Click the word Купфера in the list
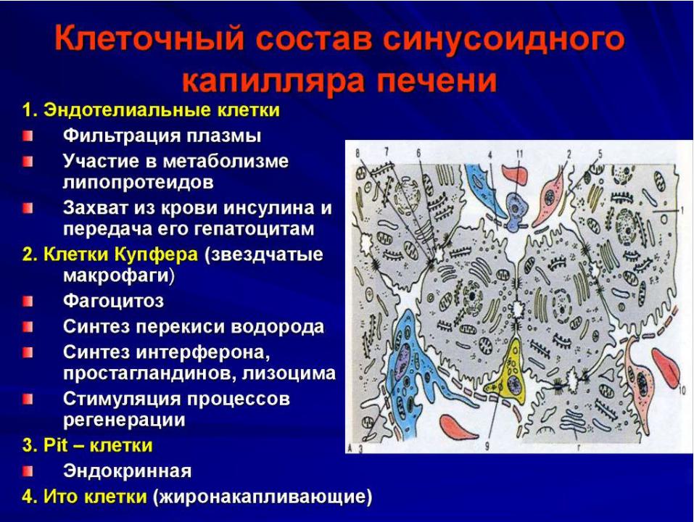(156, 254)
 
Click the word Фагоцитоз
(113, 302)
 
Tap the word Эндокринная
(127, 471)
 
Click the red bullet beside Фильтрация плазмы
(28, 136)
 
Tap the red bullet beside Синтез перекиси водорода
(28, 328)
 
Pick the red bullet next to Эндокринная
(28, 471)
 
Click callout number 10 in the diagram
(682, 389)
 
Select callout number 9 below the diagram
(487, 446)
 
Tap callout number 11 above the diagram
(519, 154)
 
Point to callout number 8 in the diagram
(358, 154)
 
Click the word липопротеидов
(138, 183)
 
